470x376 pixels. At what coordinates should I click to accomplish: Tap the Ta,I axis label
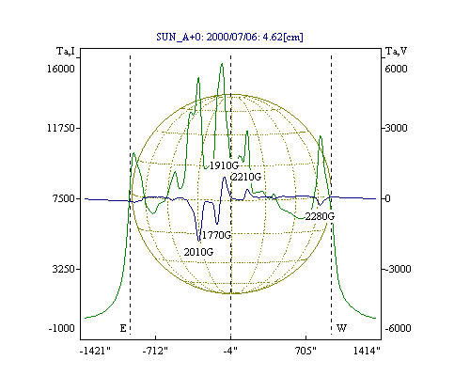click(x=66, y=51)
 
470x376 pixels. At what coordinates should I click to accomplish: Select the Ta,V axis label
click(x=396, y=51)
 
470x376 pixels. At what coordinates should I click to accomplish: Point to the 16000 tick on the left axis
click(x=61, y=69)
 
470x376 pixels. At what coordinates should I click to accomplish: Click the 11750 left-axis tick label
click(x=61, y=128)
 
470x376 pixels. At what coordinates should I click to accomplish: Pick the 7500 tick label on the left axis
click(x=64, y=198)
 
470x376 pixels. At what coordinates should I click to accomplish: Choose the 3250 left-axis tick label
click(x=64, y=269)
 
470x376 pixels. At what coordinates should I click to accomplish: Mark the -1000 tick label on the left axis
click(x=62, y=328)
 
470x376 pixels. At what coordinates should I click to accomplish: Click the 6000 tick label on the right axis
click(x=396, y=69)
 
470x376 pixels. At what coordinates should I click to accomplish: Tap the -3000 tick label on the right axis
click(x=398, y=269)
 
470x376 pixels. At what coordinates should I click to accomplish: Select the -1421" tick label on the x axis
click(x=95, y=351)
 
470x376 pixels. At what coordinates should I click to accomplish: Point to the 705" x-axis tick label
click(x=305, y=351)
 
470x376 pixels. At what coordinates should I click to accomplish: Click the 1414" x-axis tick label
click(x=367, y=351)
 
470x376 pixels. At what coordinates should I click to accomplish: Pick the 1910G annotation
click(x=224, y=165)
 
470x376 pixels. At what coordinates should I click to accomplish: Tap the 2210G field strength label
click(x=246, y=177)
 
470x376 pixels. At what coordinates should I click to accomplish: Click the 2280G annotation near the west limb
click(x=320, y=216)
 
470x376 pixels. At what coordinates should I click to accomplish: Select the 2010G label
click(x=198, y=252)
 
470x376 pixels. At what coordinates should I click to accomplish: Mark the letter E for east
click(x=123, y=328)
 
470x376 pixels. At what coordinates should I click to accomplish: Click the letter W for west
click(x=341, y=328)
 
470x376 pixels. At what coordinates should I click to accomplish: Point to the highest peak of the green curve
click(x=222, y=63)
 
